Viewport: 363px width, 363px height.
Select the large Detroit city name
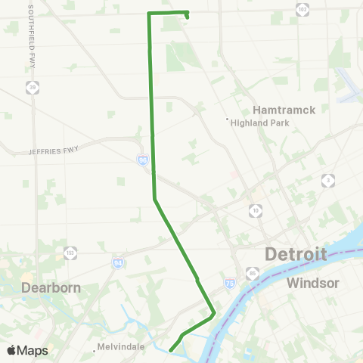coord(296,254)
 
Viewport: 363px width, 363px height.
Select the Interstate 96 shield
coord(142,160)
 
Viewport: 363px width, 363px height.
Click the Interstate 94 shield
coord(118,262)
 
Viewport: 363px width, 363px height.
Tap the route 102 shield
coord(302,8)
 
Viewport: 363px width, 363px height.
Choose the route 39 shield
coord(32,88)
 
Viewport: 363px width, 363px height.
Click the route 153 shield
coord(70,252)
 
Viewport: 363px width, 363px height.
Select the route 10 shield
coord(256,209)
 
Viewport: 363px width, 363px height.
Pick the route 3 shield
coord(327,180)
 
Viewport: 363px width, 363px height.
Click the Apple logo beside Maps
coord(12,350)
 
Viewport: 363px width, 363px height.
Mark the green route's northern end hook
coord(187,14)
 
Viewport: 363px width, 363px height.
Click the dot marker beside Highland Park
coord(228,118)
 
